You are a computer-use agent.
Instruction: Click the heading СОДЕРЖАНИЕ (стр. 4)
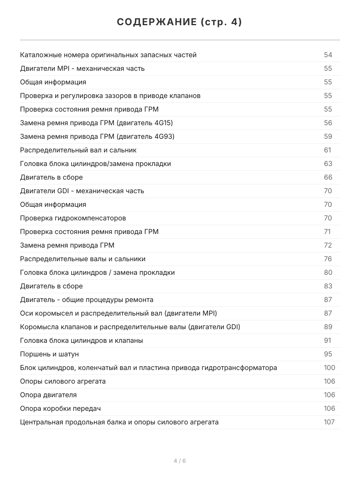[x=180, y=22]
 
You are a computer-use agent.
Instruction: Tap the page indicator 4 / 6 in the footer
[x=180, y=461]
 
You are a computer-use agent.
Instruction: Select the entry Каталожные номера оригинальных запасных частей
[x=108, y=55]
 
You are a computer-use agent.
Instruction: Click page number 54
[x=328, y=55]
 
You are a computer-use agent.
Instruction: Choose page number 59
[x=328, y=136]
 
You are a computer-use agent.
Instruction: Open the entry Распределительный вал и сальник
[x=78, y=150]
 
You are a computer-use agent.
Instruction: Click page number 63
[x=328, y=164]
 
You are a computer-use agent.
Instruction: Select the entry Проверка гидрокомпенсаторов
[x=73, y=218]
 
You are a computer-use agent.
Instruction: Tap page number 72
[x=328, y=245]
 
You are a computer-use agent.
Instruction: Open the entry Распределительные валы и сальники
[x=83, y=259]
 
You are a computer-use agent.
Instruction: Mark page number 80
[x=328, y=272]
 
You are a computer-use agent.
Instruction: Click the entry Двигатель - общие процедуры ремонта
[x=87, y=300]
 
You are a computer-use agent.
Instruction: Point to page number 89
[x=328, y=327]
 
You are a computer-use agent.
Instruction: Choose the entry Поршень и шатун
[x=50, y=354]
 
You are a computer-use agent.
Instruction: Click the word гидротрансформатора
[x=240, y=368]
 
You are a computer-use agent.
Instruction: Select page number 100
[x=330, y=368]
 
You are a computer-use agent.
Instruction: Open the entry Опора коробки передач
[x=60, y=408]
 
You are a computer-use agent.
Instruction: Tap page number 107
[x=329, y=422]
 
